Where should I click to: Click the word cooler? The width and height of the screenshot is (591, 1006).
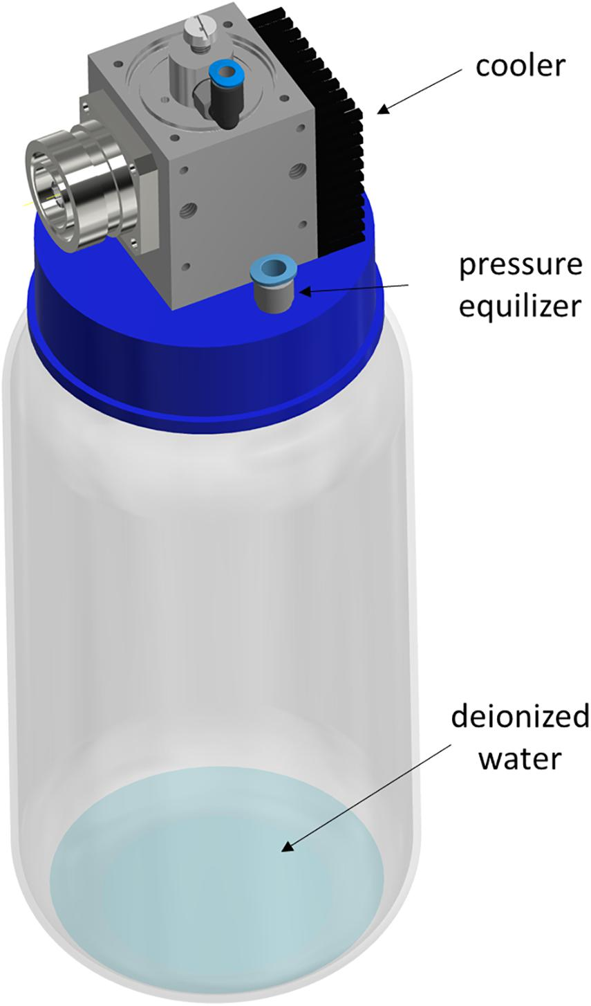(x=520, y=66)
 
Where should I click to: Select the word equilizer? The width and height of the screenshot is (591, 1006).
(x=520, y=307)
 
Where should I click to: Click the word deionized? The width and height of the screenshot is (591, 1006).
(x=520, y=716)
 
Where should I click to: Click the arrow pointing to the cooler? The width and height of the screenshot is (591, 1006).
(x=420, y=90)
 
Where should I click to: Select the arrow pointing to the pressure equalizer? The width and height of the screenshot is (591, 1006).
(x=354, y=289)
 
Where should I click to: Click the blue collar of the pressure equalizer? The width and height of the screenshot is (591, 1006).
(x=273, y=268)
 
